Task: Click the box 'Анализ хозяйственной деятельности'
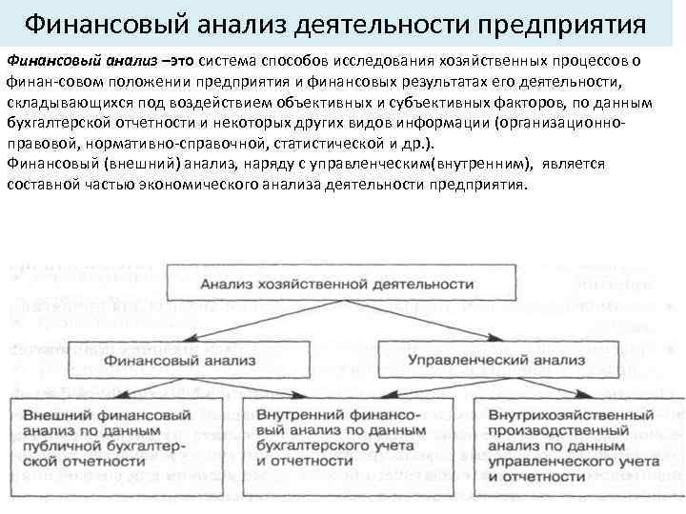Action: pyautogui.click(x=335, y=285)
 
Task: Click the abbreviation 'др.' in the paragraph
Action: pyautogui.click(x=417, y=144)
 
